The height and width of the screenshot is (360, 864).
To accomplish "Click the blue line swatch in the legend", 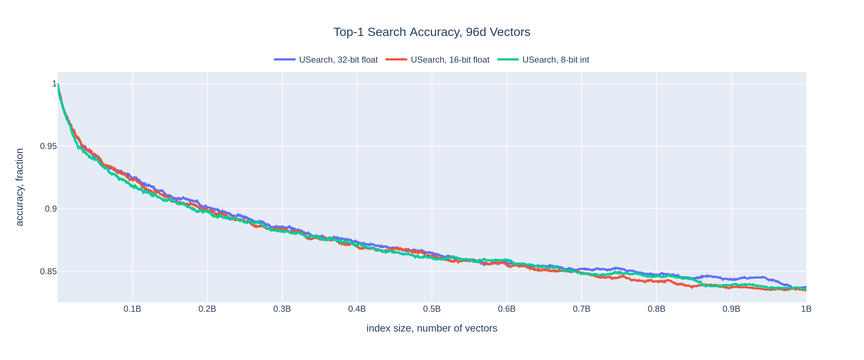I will point(284,59).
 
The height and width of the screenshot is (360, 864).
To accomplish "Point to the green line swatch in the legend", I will point(508,59).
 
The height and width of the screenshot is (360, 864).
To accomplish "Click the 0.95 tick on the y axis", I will point(48,147).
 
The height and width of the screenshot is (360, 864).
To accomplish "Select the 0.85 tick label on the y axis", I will point(48,271).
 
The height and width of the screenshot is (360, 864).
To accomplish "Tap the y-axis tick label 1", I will point(55,84).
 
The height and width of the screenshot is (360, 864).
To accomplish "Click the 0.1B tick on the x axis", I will point(132,309).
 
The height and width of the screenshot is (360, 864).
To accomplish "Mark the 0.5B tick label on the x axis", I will point(432,309).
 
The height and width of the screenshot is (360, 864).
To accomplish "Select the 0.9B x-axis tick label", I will point(731,309).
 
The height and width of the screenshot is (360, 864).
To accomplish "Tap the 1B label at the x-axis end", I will point(806,309).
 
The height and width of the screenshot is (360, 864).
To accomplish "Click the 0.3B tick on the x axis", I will point(282,309).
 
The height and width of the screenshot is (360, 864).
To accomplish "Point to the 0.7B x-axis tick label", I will point(581,309).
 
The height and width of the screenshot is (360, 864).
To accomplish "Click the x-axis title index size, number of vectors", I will point(432,328).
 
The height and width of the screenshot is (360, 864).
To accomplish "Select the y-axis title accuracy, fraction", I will point(19,187).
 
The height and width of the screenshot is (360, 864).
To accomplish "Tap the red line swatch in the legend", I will point(396,59).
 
